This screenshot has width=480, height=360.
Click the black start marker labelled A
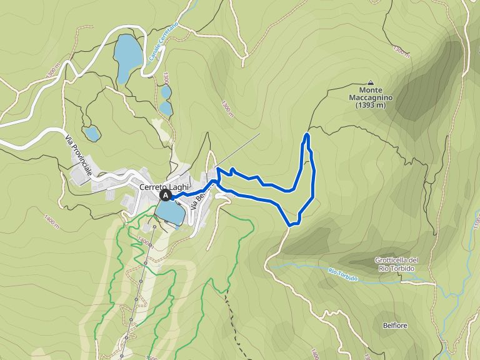click(x=166, y=196)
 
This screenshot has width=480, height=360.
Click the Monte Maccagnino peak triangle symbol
click(x=371, y=82)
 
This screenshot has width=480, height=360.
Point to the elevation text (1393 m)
click(x=371, y=106)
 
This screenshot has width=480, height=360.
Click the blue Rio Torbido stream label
click(x=342, y=274)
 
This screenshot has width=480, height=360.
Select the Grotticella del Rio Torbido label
click(x=396, y=264)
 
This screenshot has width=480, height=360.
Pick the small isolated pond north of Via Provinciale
click(x=92, y=133)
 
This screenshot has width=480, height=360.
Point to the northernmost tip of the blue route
click(x=307, y=135)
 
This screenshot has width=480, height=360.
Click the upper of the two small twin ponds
click(x=166, y=92)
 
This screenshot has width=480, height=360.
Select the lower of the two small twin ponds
click(x=166, y=108)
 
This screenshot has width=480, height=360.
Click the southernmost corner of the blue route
click(x=289, y=224)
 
